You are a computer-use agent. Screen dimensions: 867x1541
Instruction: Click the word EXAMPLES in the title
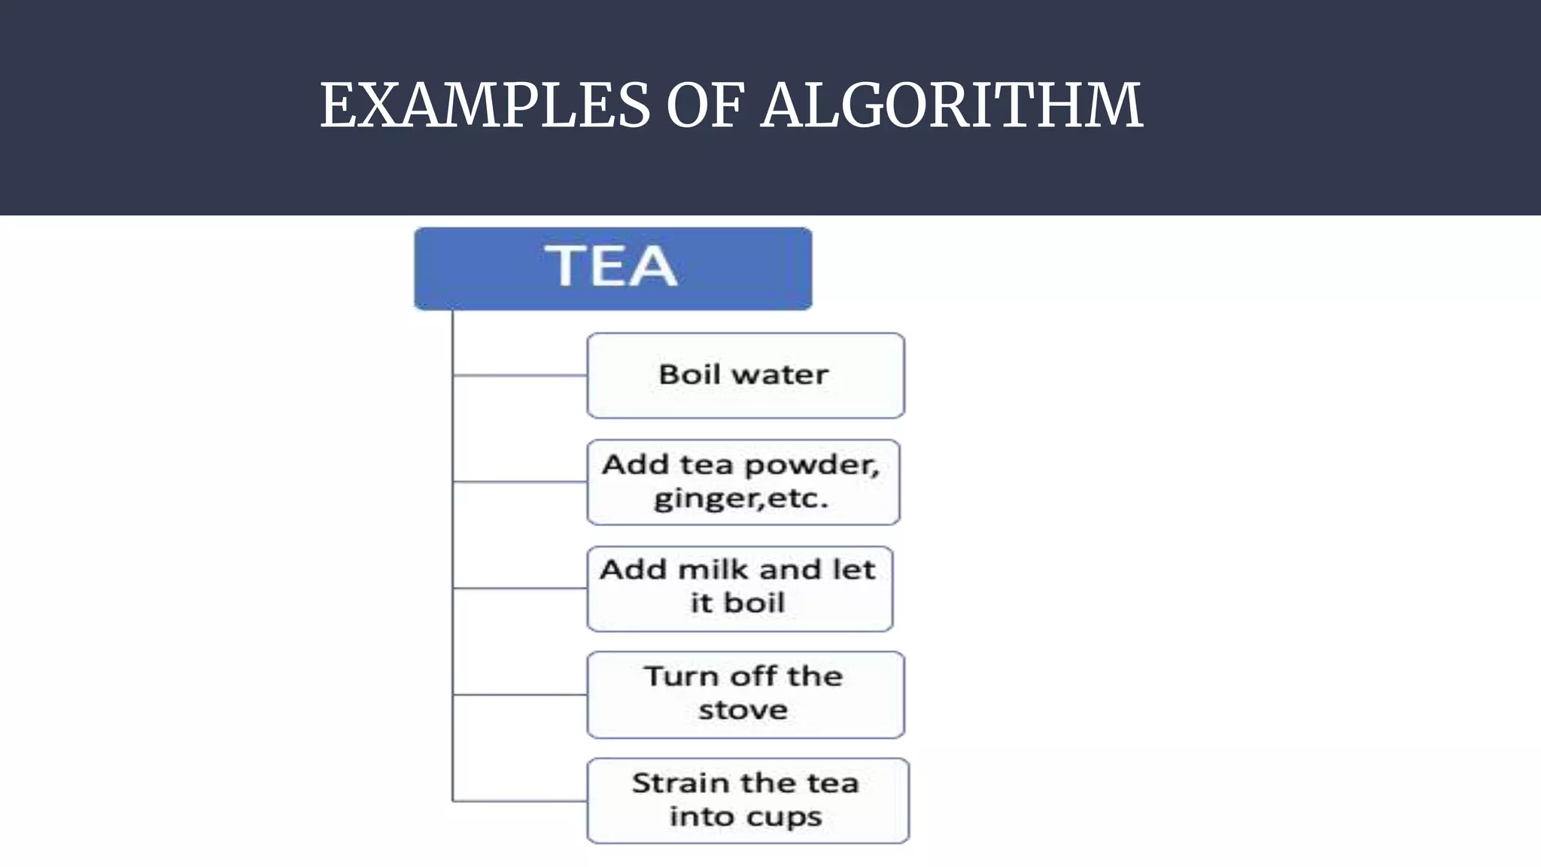coord(485,105)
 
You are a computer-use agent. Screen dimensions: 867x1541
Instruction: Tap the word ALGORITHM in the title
coord(952,105)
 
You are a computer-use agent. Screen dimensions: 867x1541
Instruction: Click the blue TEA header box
coord(612,268)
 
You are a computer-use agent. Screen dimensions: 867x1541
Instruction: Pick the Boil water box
coord(745,375)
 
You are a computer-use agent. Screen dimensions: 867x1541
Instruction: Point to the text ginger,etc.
coord(741,498)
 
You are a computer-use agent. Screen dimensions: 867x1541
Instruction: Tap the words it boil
coord(737,603)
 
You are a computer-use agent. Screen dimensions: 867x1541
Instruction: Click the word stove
coord(743,710)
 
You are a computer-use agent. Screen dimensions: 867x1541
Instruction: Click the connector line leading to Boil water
coord(519,375)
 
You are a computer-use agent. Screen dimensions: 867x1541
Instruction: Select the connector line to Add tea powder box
coord(519,482)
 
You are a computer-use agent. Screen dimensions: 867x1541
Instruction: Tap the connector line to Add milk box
coord(519,589)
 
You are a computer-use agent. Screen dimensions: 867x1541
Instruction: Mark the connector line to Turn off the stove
coord(519,695)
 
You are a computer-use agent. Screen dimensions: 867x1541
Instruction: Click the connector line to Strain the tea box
coord(519,802)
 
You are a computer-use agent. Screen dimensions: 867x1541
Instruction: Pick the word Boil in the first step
coord(688,375)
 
